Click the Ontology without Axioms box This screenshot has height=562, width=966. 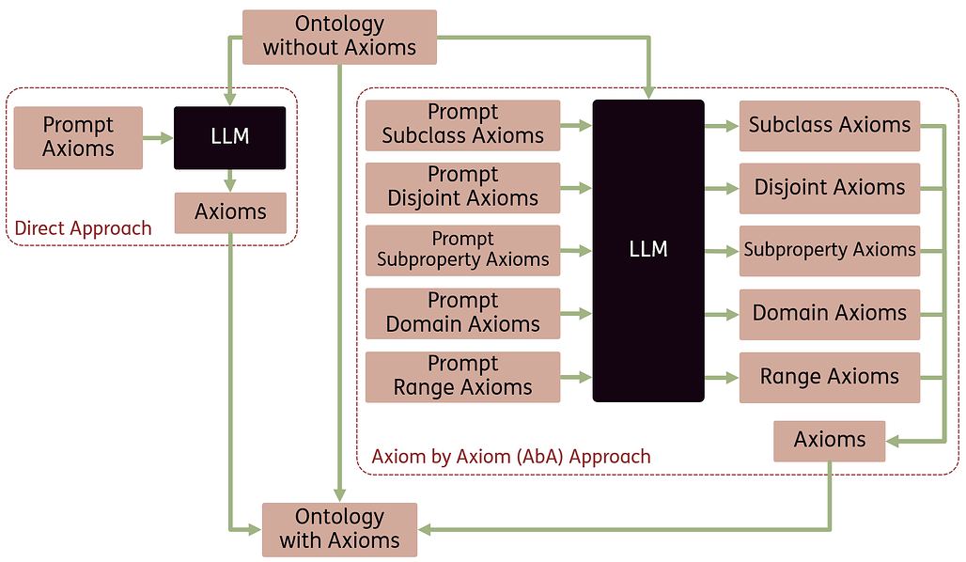click(339, 37)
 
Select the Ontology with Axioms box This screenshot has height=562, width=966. click(339, 529)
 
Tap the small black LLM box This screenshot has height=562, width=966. click(229, 137)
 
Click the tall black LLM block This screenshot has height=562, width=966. click(648, 250)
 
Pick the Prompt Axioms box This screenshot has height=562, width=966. click(79, 137)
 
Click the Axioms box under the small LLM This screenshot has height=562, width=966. click(230, 212)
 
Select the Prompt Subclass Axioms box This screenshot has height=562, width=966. click(462, 125)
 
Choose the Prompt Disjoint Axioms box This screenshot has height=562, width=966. click(462, 187)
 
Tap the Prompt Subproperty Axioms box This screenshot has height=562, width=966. click(462, 250)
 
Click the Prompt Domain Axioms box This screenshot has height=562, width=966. click(462, 313)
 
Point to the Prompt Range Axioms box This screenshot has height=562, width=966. click(462, 376)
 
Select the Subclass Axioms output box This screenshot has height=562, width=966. click(829, 125)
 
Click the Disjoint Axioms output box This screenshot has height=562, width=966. click(829, 187)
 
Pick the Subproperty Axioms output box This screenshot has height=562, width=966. click(829, 250)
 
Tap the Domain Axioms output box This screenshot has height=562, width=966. click(829, 313)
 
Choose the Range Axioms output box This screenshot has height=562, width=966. click(829, 376)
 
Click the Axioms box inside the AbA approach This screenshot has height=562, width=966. click(829, 440)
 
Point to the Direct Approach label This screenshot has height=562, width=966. click(83, 228)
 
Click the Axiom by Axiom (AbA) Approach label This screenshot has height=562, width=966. click(511, 457)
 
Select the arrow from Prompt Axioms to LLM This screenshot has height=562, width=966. click(158, 138)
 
